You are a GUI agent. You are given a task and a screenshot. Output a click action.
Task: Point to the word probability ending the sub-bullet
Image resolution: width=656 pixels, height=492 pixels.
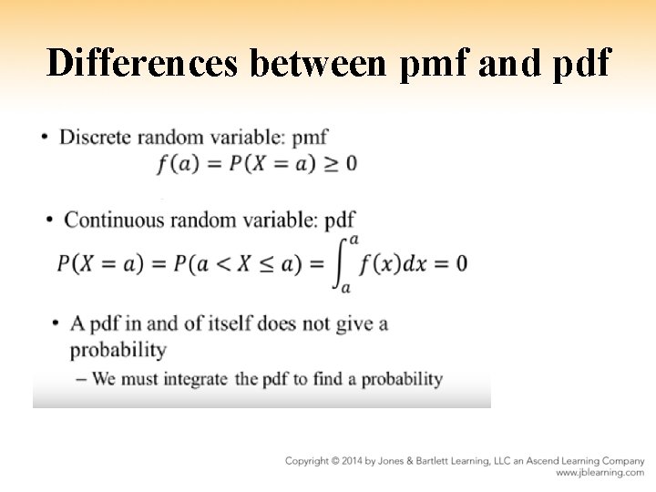click(x=402, y=379)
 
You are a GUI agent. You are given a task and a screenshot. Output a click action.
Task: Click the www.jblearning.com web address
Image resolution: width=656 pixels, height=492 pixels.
click(x=600, y=473)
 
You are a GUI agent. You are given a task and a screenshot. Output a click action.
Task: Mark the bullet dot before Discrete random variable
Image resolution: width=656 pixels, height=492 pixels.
click(x=46, y=138)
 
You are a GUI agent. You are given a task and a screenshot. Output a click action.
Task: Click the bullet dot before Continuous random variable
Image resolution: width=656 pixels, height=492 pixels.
click(x=50, y=220)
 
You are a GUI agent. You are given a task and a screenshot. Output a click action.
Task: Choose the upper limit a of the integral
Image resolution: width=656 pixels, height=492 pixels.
click(x=354, y=239)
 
